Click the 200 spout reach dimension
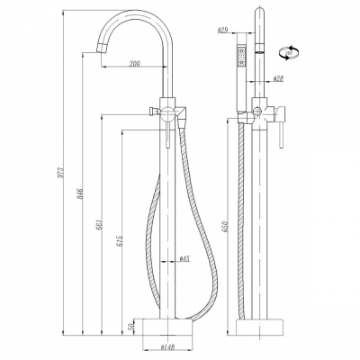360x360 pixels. [133, 64]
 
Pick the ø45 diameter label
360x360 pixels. [184, 258]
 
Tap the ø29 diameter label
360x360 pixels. [221, 30]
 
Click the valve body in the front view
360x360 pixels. [168, 112]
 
